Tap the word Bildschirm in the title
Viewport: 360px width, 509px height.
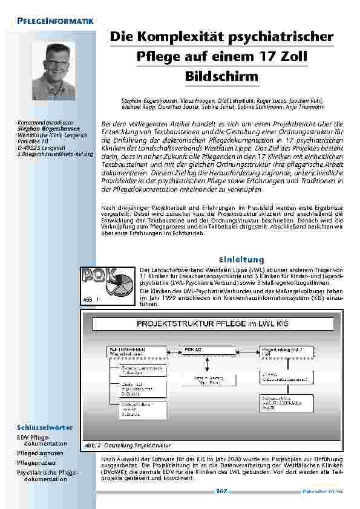[221, 77]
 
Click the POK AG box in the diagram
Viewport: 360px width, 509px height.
[198, 350]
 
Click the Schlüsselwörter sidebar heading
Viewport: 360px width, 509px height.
[45, 427]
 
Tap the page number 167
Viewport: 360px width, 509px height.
[221, 491]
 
